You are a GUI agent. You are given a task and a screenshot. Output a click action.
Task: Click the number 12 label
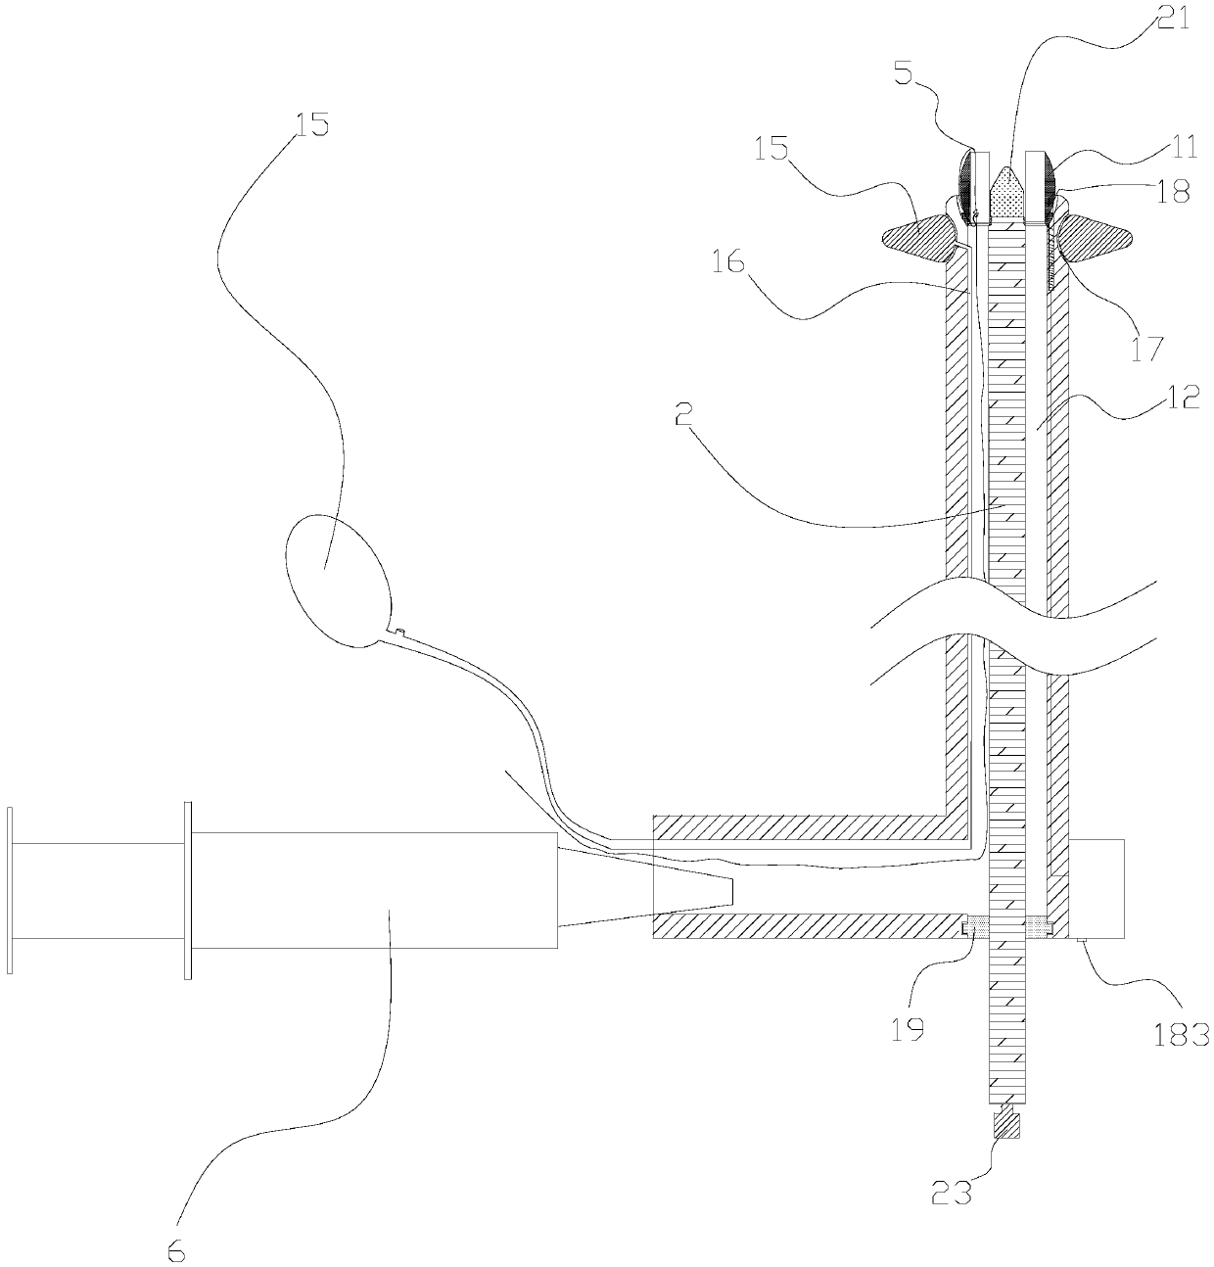tap(1184, 401)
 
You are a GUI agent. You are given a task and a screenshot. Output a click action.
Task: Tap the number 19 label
tap(909, 1030)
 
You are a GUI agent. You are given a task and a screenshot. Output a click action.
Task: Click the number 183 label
tap(1182, 1034)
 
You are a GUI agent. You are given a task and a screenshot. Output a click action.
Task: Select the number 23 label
tap(954, 1192)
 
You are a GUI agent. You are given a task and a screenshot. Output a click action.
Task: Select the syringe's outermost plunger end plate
tap(10, 891)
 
